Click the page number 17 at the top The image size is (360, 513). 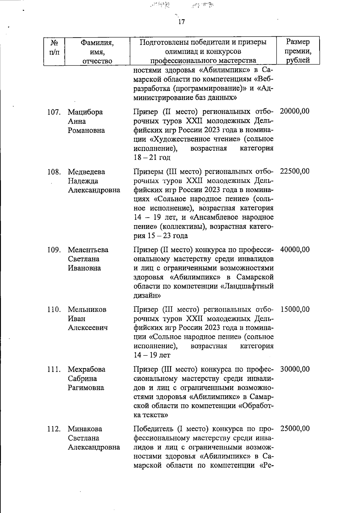point(181,22)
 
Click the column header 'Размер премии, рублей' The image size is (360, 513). point(298,51)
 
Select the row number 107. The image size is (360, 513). point(54,112)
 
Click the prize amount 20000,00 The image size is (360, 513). point(295,111)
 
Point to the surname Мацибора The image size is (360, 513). point(85,112)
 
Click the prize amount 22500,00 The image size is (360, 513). point(295,171)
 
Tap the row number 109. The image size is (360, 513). point(54,250)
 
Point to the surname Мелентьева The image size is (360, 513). point(88,250)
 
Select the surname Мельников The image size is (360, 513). point(87,309)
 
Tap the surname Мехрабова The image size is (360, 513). point(86,369)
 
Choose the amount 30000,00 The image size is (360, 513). point(295,369)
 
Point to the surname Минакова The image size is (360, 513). point(85,429)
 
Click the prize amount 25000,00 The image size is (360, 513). point(295,429)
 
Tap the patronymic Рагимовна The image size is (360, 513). point(86,388)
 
